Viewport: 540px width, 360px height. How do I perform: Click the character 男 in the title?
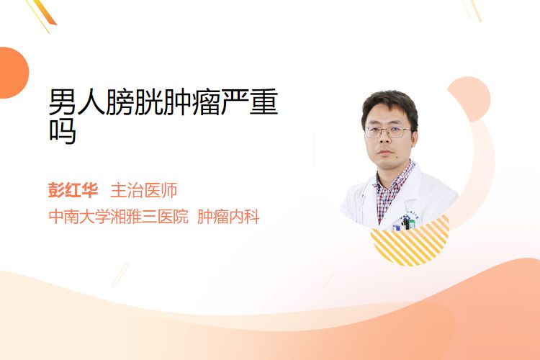pyautogui.click(x=63, y=102)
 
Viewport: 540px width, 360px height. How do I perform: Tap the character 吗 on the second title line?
pyautogui.click(x=63, y=130)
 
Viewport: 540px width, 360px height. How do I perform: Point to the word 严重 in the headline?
pyautogui.click(x=249, y=102)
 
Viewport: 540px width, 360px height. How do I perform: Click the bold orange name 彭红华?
pyautogui.click(x=73, y=190)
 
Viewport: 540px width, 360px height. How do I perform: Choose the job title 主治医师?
pyautogui.click(x=144, y=190)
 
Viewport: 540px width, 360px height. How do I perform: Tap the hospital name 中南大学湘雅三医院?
pyautogui.click(x=119, y=217)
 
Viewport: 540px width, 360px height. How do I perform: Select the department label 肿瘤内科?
pyautogui.click(x=228, y=217)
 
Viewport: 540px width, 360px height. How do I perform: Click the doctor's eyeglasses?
pyautogui.click(x=388, y=132)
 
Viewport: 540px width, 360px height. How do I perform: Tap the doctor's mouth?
pyautogui.click(x=385, y=152)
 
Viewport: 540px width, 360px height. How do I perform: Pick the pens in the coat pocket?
pyautogui.click(x=405, y=223)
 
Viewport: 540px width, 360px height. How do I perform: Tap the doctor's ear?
pyautogui.click(x=414, y=138)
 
